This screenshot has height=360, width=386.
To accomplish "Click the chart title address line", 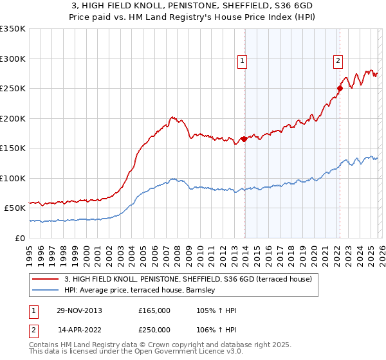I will pyautogui.click(x=192, y=6).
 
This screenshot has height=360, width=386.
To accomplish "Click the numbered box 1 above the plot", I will pyautogui.click(x=243, y=62).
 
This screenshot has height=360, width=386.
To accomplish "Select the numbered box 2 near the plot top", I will pyautogui.click(x=338, y=62).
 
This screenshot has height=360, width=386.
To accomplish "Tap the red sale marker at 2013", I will pyautogui.click(x=244, y=139).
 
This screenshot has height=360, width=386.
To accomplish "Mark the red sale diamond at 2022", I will pyautogui.click(x=340, y=88).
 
